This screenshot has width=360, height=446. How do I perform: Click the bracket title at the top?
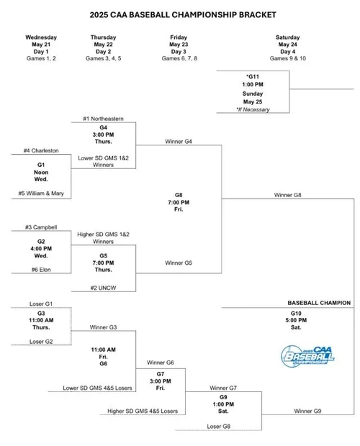pyautogui.click(x=179, y=13)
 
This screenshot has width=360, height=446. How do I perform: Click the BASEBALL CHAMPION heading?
pyautogui.click(x=319, y=303)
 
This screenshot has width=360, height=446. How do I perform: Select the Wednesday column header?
pyautogui.click(x=41, y=37)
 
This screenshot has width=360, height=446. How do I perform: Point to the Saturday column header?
pyautogui.click(x=288, y=37)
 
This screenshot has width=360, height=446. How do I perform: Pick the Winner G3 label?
pyautogui.click(x=104, y=327)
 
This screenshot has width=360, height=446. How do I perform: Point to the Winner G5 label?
pyautogui.click(x=179, y=263)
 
